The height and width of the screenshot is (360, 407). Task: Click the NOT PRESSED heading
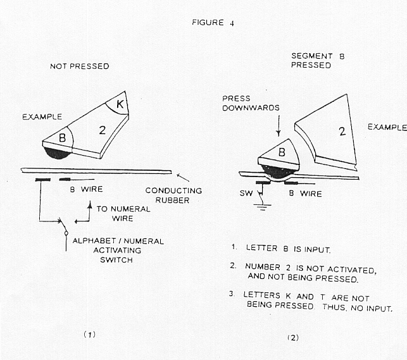pos(80,66)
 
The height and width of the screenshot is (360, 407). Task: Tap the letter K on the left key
pos(118,102)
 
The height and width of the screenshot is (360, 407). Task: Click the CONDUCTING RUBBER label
pos(173,195)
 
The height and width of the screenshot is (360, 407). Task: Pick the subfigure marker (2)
pos(292,337)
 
